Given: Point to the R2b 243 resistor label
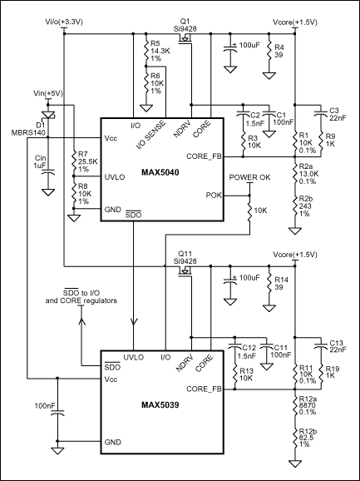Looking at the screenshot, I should [x=303, y=207].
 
